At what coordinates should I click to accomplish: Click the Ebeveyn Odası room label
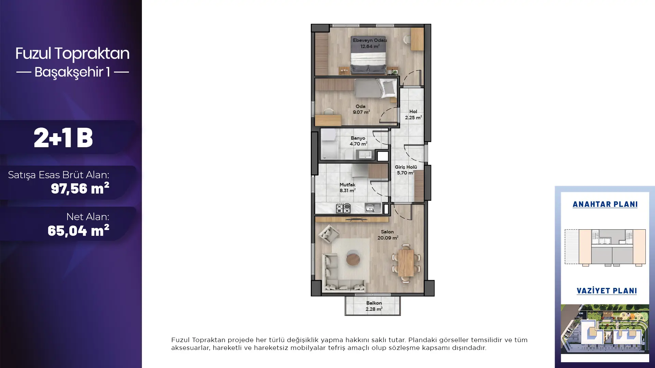click(370, 40)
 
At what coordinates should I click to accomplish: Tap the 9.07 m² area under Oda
click(361, 112)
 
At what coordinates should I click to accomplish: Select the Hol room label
click(413, 111)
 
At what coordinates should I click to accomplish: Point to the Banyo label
click(358, 138)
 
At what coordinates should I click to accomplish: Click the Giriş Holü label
click(406, 167)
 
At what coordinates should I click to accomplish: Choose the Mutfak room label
click(347, 185)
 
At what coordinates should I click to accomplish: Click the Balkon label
click(374, 303)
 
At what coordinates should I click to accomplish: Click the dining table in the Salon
click(406, 263)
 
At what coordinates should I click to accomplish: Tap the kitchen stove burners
click(343, 208)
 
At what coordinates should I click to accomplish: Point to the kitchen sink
click(373, 208)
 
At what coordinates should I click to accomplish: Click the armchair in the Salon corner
click(329, 234)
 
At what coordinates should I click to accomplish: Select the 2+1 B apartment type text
click(63, 138)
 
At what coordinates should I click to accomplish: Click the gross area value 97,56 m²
click(80, 188)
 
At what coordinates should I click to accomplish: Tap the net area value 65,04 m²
click(78, 230)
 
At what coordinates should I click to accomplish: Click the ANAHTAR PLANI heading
click(605, 204)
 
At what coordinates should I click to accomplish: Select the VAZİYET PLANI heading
click(607, 291)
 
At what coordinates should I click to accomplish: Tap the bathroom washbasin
click(365, 155)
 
